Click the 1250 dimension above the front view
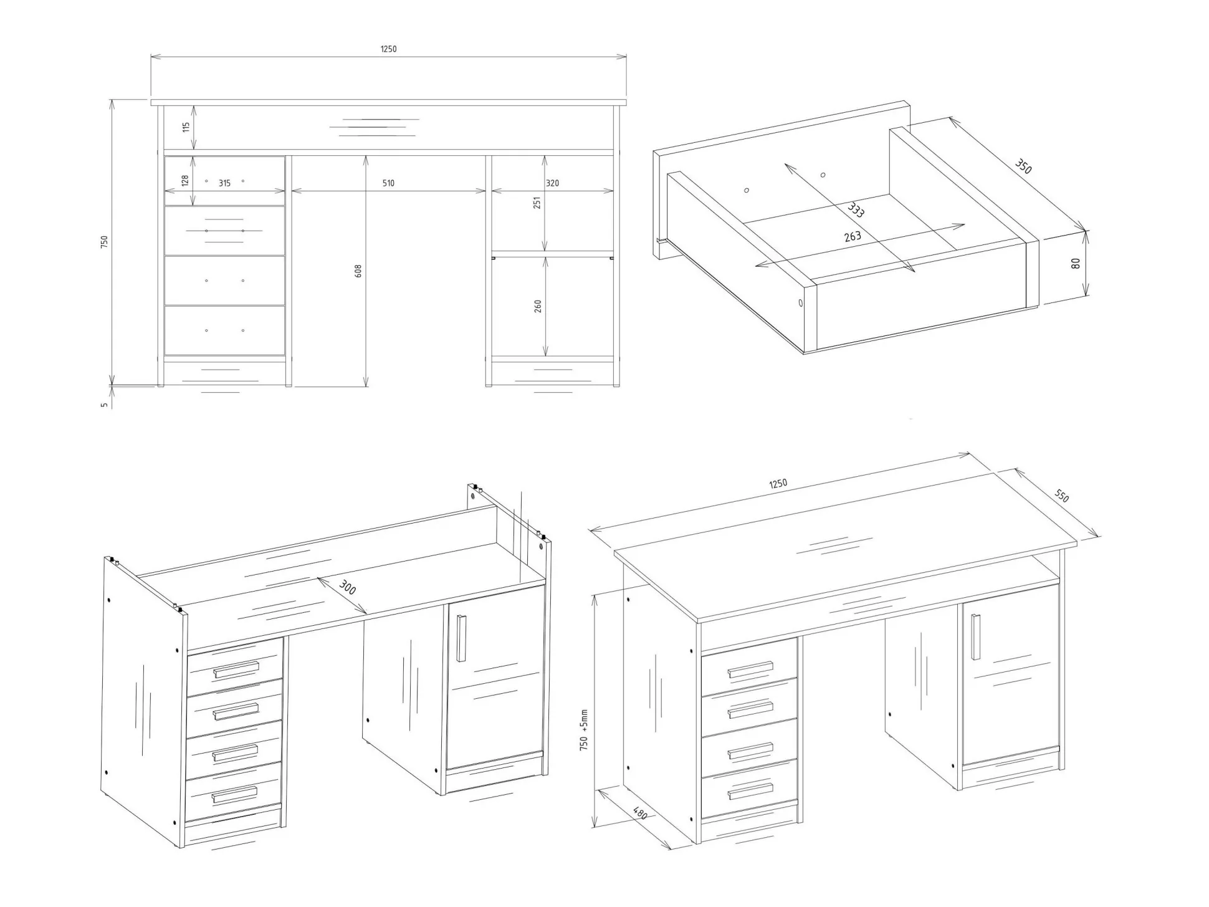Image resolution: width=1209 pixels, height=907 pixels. pyautogui.click(x=388, y=49)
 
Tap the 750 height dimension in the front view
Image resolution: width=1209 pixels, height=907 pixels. pyautogui.click(x=104, y=242)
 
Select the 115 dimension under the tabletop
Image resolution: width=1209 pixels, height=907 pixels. pyautogui.click(x=186, y=128)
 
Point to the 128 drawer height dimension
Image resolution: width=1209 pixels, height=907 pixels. pyautogui.click(x=185, y=181)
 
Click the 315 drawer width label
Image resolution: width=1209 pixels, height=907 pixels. pyautogui.click(x=224, y=183)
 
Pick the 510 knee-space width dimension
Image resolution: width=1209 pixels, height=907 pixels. pyautogui.click(x=388, y=183)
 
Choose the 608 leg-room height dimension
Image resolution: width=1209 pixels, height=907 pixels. pyautogui.click(x=358, y=271)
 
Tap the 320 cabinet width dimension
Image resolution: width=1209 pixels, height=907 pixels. pyautogui.click(x=552, y=183)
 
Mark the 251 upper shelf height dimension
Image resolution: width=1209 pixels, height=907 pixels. pyautogui.click(x=537, y=203)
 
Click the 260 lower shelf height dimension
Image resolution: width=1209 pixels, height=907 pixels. pyautogui.click(x=538, y=306)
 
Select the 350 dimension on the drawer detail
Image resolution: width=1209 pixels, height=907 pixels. pyautogui.click(x=1023, y=166)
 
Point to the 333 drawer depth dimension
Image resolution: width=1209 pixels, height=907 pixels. pyautogui.click(x=856, y=210)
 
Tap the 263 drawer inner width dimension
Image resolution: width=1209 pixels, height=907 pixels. pyautogui.click(x=853, y=236)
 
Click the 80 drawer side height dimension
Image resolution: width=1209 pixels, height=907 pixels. pyautogui.click(x=1076, y=264)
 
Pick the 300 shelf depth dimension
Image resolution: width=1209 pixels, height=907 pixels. pyautogui.click(x=347, y=587)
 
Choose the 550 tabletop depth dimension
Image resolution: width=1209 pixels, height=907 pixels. pyautogui.click(x=1061, y=496)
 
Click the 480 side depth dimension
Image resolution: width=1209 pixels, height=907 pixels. pyautogui.click(x=640, y=813)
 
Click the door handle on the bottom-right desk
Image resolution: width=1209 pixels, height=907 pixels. pyautogui.click(x=975, y=636)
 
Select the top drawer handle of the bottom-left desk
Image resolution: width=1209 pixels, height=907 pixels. pyautogui.click(x=236, y=670)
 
